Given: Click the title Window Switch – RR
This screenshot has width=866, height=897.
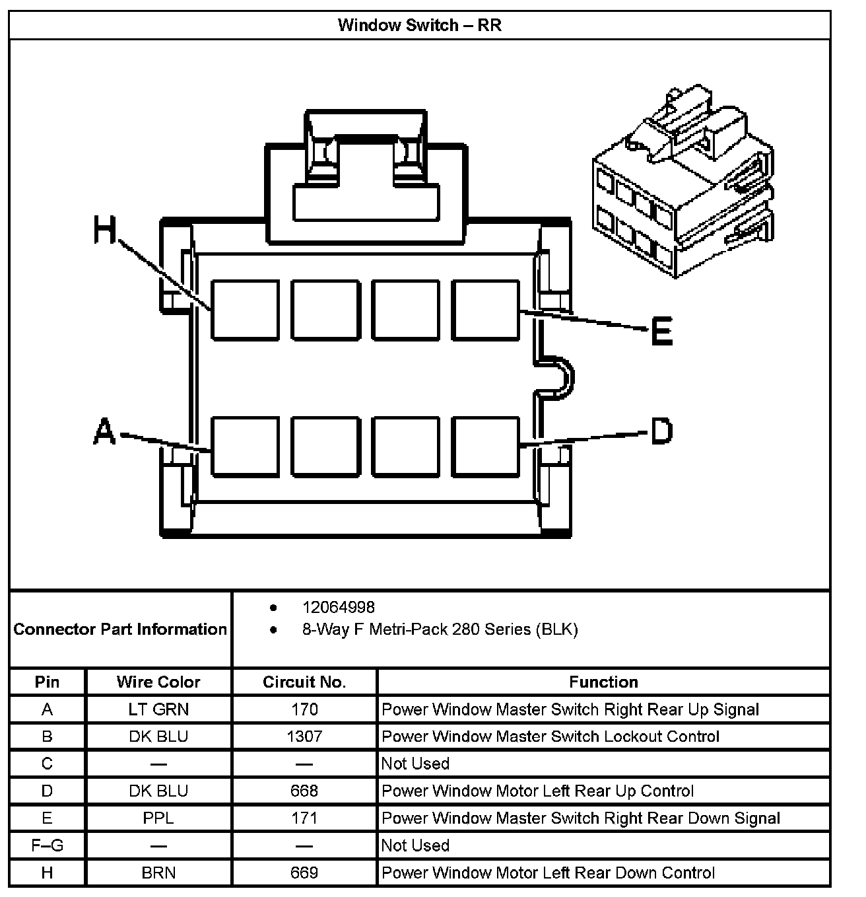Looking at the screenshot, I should pyautogui.click(x=419, y=25).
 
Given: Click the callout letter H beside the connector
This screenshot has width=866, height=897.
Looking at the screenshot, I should pyautogui.click(x=104, y=231).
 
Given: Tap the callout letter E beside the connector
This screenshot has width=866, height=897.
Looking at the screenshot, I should pyautogui.click(x=661, y=331).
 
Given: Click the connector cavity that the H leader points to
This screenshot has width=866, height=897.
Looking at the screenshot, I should pyautogui.click(x=245, y=310).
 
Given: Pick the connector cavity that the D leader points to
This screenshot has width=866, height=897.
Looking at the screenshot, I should pyautogui.click(x=486, y=446).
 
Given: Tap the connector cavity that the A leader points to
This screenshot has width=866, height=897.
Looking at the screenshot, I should pyautogui.click(x=245, y=446).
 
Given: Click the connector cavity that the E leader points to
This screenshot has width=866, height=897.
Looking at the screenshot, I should pyautogui.click(x=486, y=310).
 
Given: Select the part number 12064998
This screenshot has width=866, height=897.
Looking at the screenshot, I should pyautogui.click(x=339, y=607).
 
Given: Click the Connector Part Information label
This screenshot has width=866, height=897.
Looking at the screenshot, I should pyautogui.click(x=120, y=629).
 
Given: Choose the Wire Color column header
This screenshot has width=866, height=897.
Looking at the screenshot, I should pyautogui.click(x=158, y=682).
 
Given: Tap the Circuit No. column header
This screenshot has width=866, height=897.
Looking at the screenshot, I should pyautogui.click(x=304, y=682).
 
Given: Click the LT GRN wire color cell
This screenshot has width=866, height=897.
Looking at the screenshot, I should pyautogui.click(x=158, y=709).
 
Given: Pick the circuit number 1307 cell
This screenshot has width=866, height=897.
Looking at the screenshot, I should pyautogui.click(x=304, y=736).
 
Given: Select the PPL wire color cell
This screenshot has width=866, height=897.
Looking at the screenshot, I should pyautogui.click(x=158, y=818).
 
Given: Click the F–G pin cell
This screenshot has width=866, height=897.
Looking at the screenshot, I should pyautogui.click(x=48, y=845).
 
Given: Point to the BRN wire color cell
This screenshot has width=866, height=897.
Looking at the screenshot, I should pyautogui.click(x=158, y=873).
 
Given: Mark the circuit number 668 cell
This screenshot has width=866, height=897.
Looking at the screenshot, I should pyautogui.click(x=304, y=791).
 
